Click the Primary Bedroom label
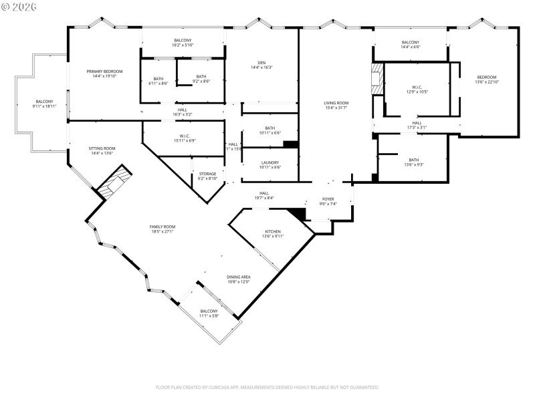[x=104, y=71]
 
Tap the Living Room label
[x=336, y=103]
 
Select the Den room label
[x=261, y=63]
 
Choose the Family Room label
[x=162, y=227]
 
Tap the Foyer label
[x=328, y=199]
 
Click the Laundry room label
[x=270, y=162]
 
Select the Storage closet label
[x=207, y=174]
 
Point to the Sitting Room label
[x=102, y=148]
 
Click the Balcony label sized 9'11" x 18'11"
[x=44, y=102]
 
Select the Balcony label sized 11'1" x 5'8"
[x=209, y=311]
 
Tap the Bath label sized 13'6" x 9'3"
[x=414, y=160]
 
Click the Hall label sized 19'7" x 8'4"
[x=264, y=193]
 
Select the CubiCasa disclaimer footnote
[x=267, y=387]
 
